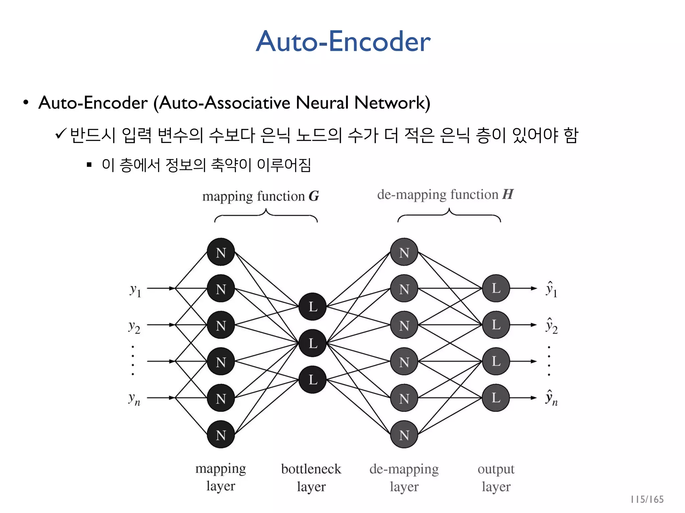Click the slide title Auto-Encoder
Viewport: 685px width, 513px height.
tap(343, 41)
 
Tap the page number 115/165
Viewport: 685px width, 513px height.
tap(647, 499)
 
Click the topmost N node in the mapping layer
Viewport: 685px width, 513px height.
tap(221, 252)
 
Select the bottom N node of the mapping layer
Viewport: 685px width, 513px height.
tap(221, 435)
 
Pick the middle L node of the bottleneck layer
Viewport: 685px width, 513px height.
tap(312, 343)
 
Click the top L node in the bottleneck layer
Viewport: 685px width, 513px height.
tap(312, 306)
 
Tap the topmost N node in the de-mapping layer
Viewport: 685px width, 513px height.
tap(404, 252)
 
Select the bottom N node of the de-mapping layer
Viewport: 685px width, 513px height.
tap(404, 435)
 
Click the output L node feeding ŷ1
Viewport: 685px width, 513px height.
tap(496, 288)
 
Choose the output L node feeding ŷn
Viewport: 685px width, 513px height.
tap(496, 398)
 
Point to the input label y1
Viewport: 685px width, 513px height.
tap(135, 290)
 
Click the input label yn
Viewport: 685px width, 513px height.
tap(134, 399)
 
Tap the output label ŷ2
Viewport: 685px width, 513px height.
tap(551, 325)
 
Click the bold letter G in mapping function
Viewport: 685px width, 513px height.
tap(314, 196)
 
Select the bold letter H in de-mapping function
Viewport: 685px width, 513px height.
tap(508, 194)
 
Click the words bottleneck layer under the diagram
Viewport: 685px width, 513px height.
tap(311, 478)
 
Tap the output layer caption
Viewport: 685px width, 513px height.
tap(496, 478)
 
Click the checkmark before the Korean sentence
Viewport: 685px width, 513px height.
tap(61, 134)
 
